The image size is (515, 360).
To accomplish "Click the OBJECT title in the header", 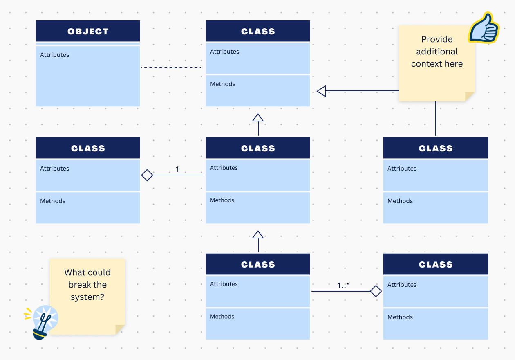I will tap(88, 32).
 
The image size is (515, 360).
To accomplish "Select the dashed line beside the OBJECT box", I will tap(171, 67).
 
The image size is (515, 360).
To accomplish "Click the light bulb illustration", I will tap(43, 321).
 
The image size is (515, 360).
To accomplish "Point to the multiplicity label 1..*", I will tap(343, 286).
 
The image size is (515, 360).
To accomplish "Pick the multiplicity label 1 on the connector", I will tap(177, 169).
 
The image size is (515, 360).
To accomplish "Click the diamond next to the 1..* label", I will tap(376, 291).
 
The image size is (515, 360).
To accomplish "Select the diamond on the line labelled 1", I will tap(147, 175).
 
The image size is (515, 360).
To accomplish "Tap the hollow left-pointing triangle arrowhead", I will tap(322, 91).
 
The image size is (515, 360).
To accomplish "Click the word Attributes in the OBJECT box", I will tap(55, 55).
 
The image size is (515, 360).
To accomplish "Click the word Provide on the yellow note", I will tap(437, 39).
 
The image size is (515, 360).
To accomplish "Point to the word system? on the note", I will tap(87, 297).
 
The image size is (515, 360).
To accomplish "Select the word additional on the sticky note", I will tap(437, 52).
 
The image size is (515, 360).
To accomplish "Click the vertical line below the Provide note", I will tap(436, 119).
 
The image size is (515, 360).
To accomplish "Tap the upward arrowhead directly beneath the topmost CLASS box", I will tap(258, 118).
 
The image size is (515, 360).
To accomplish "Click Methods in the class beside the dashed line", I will tap(223, 84).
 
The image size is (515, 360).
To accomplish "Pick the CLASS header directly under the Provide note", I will tap(436, 148).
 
